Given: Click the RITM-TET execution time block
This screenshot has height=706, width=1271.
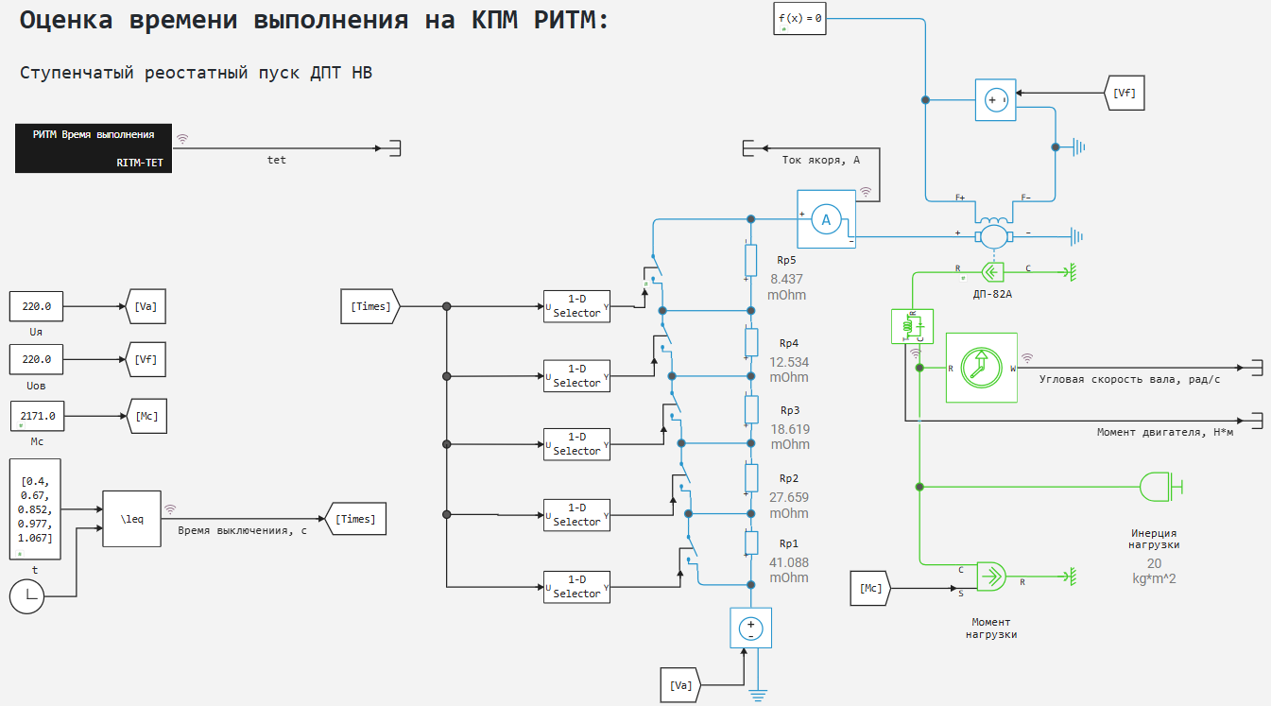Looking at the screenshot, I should tap(94, 147).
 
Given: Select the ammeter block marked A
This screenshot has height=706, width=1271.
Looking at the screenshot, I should tap(825, 219).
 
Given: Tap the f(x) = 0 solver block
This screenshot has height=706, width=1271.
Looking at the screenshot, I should tap(799, 18).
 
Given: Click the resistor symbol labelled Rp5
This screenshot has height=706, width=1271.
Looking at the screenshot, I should tap(751, 259).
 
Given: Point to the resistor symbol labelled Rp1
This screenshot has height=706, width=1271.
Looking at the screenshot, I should tap(751, 543).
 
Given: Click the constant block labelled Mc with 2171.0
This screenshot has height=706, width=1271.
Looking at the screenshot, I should tap(37, 415).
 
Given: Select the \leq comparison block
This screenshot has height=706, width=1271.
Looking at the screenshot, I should tap(131, 518).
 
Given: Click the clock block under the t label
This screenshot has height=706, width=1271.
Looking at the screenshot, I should tap(27, 595).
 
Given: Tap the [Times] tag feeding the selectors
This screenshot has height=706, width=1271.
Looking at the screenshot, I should tap(371, 306).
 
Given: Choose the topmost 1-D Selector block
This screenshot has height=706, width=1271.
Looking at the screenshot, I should tap(577, 306).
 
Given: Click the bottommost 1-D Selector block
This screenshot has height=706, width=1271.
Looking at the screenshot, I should tap(577, 587).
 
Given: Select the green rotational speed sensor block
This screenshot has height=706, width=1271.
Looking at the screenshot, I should tap(981, 368).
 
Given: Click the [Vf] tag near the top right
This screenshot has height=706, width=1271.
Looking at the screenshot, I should tap(1124, 93).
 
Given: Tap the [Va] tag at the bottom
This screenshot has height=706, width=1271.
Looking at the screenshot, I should tap(679, 684).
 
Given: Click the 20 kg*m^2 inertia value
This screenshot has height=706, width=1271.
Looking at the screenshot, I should tap(1153, 570).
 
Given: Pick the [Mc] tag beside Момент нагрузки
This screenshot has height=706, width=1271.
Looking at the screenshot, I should tap(870, 588).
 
